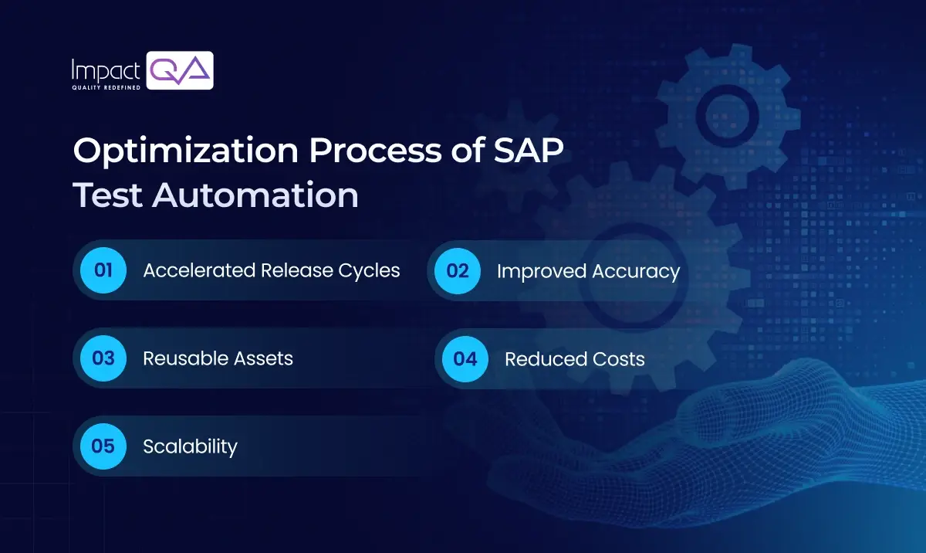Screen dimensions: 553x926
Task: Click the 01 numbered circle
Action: coord(103,270)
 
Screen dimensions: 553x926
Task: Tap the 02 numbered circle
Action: coord(458,270)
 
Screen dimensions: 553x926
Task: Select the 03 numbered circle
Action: coord(103,358)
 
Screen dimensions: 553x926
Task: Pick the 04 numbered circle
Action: coord(465,358)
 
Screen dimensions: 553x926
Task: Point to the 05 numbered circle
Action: coord(103,446)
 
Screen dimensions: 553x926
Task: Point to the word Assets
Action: coord(263,358)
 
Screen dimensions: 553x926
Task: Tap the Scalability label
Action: coord(190,446)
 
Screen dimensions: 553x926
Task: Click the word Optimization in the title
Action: coord(184,152)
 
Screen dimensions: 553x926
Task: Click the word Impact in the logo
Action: coord(105,71)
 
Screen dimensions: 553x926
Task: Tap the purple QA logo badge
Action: coord(180,71)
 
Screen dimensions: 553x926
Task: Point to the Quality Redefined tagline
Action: coord(106,87)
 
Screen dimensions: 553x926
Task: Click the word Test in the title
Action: coord(107,195)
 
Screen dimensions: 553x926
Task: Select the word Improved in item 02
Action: coord(542,272)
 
